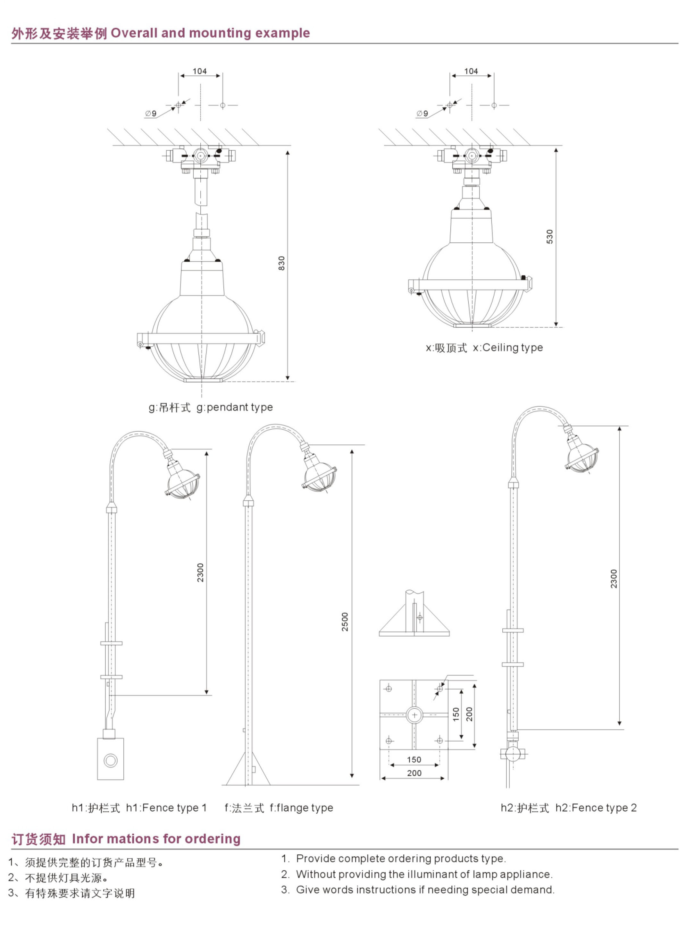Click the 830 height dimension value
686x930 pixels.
pyautogui.click(x=281, y=263)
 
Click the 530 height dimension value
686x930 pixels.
pyautogui.click(x=550, y=236)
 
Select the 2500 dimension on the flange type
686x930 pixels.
pyautogui.click(x=345, y=622)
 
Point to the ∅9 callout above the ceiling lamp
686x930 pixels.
pyautogui.click(x=422, y=114)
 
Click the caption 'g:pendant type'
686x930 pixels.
pyautogui.click(x=235, y=408)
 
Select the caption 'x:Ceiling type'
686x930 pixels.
pyautogui.click(x=508, y=348)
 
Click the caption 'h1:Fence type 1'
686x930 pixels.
pyautogui.click(x=166, y=808)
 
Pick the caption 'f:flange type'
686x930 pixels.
pyautogui.click(x=301, y=808)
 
